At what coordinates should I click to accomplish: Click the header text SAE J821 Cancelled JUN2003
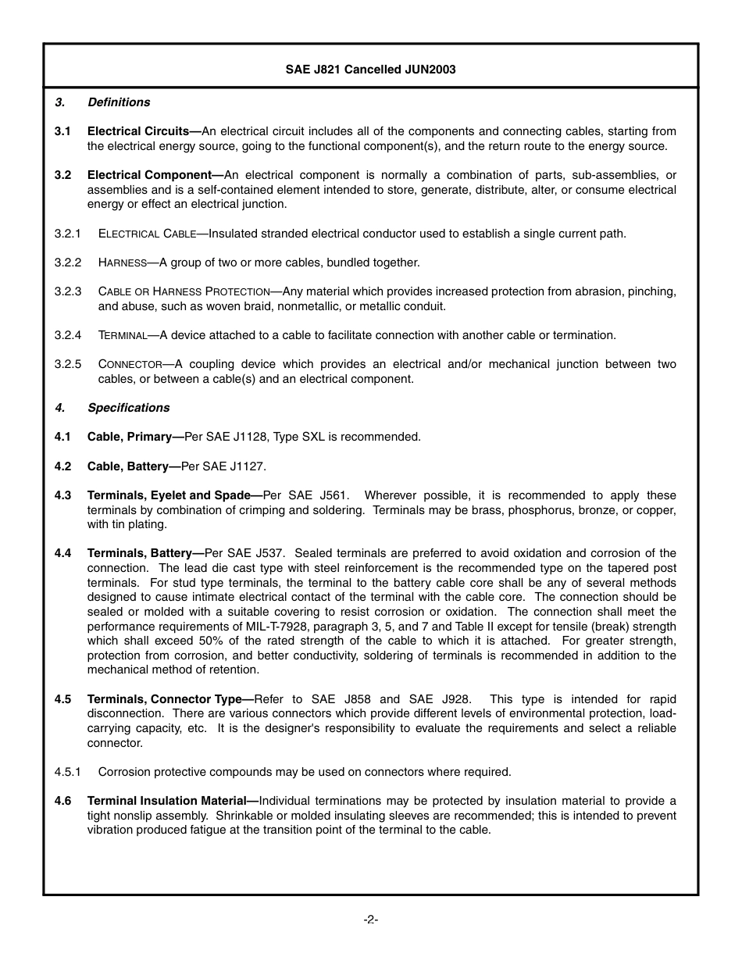(370, 70)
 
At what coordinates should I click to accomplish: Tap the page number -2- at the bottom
(370, 920)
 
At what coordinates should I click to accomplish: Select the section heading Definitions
(119, 102)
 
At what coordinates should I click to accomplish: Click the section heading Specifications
(128, 408)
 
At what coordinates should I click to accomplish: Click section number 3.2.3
(68, 291)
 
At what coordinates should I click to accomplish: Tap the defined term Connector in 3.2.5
(130, 364)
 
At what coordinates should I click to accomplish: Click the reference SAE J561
(319, 495)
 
